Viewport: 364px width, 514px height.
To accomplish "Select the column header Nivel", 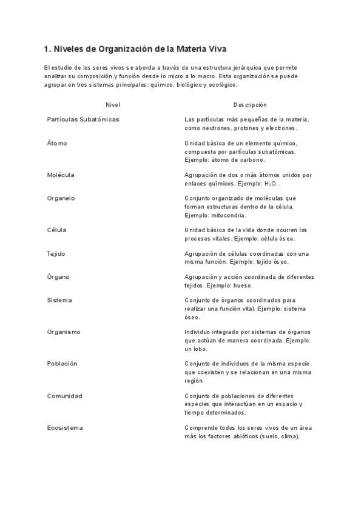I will click(113, 105).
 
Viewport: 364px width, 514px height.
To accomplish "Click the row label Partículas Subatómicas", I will click(83, 119).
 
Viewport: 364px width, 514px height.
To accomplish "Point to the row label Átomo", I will click(57, 143).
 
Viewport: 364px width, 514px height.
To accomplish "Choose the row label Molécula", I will click(61, 175).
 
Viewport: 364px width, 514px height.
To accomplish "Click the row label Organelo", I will click(61, 198).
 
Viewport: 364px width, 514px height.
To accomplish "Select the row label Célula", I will click(56, 230).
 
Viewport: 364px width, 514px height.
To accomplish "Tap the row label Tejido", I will click(56, 253).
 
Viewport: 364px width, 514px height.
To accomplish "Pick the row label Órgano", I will click(58, 277).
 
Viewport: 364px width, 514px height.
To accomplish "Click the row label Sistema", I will click(59, 300).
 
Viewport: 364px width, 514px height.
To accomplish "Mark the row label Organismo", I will click(64, 332).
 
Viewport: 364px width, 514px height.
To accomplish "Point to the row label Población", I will click(62, 364).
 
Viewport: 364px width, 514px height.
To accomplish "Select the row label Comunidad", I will click(64, 396).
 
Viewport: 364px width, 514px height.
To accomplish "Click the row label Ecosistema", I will click(65, 427).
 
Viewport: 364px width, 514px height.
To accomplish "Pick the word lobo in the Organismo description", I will click(200, 349).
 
